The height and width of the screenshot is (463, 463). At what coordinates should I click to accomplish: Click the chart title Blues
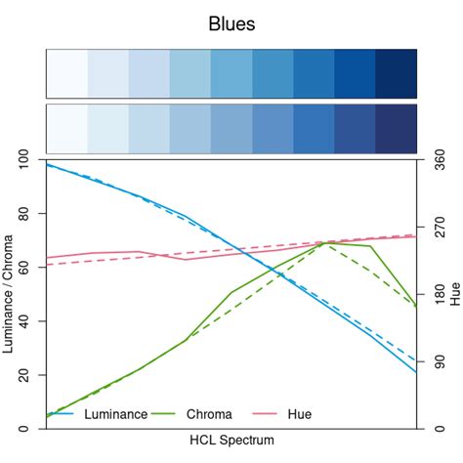231,24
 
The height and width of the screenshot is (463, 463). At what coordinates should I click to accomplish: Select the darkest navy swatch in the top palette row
396,72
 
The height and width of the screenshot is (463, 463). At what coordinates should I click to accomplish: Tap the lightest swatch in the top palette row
66,72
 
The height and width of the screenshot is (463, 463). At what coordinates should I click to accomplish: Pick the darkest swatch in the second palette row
396,127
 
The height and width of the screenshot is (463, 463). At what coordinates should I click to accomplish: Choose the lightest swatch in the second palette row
66,127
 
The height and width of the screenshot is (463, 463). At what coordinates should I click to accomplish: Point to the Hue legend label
300,414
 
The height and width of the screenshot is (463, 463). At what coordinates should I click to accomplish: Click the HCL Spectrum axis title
231,441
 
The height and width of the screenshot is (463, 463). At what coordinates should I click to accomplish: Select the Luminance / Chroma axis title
9,294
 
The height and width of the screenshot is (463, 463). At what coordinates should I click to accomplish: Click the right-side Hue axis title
455,294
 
